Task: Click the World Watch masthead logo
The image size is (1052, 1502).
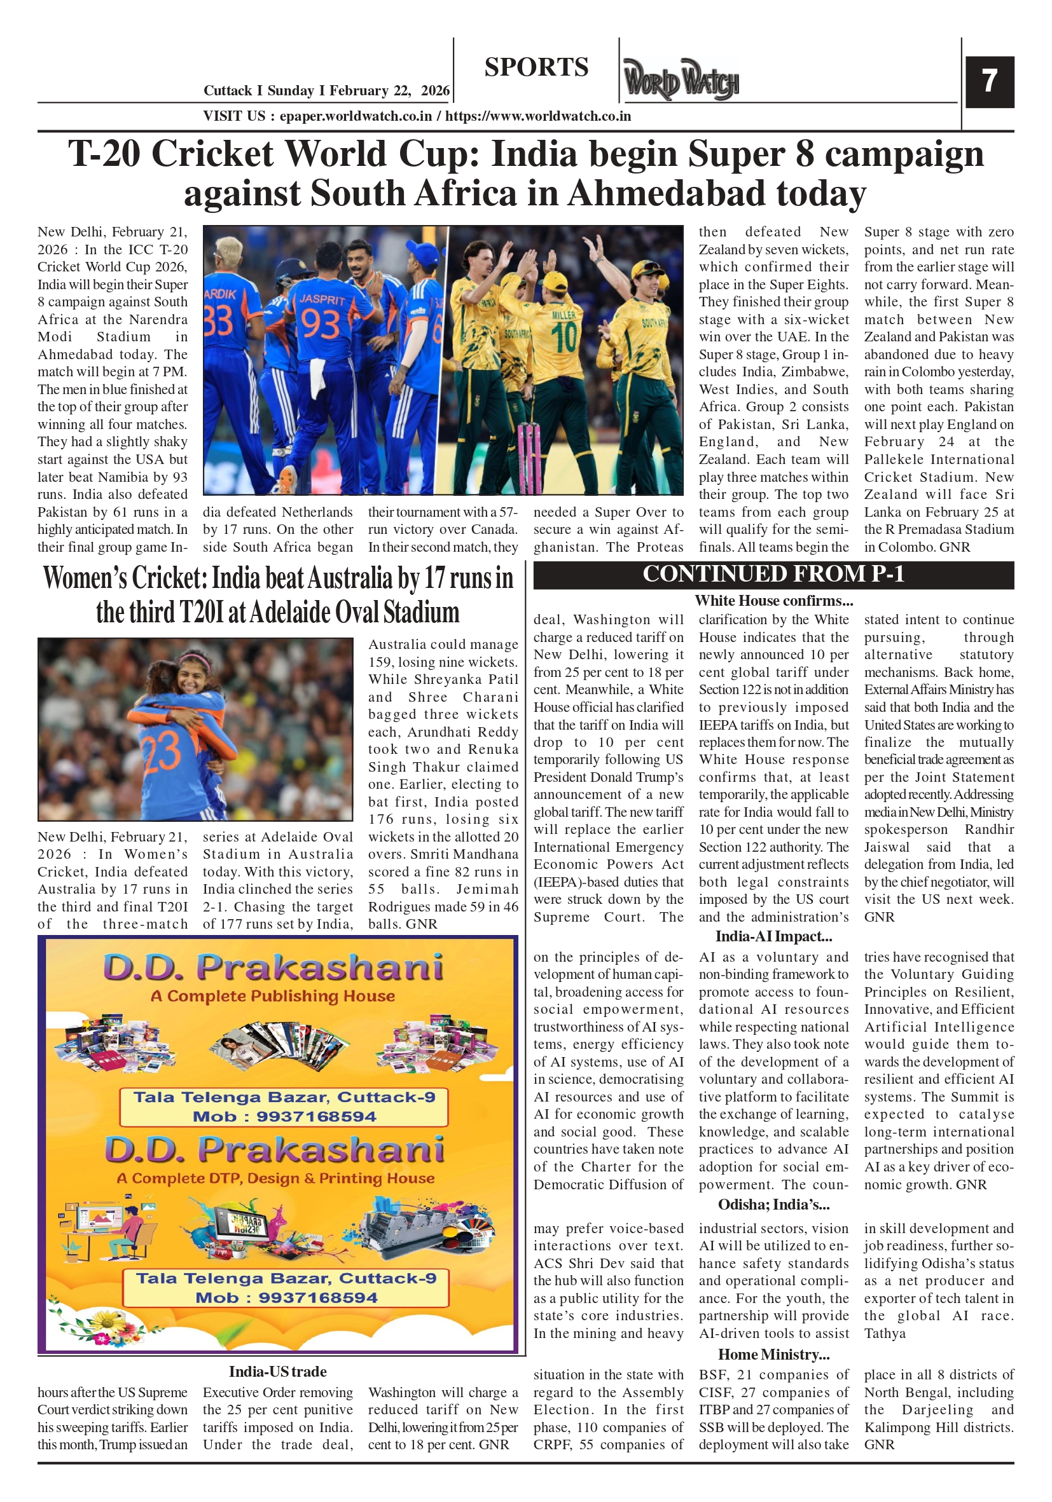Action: pos(681,80)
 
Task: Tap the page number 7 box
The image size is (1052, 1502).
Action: pos(989,81)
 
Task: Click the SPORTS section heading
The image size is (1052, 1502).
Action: pos(536,67)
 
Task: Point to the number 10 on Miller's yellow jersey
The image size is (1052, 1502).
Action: pos(564,338)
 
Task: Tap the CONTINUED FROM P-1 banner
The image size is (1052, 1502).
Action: pos(773,574)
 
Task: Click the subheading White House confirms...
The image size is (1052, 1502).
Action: pos(773,601)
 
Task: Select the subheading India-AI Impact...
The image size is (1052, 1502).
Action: pos(773,936)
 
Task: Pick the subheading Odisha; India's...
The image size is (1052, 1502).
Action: pos(773,1205)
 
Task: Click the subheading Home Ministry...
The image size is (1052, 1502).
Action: pos(773,1354)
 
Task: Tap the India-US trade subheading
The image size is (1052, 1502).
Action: pos(277,1371)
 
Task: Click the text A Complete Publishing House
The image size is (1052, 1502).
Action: pos(272,995)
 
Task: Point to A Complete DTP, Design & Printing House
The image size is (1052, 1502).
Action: pos(275,1178)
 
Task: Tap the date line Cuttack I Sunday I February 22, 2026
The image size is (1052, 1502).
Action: pos(326,90)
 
